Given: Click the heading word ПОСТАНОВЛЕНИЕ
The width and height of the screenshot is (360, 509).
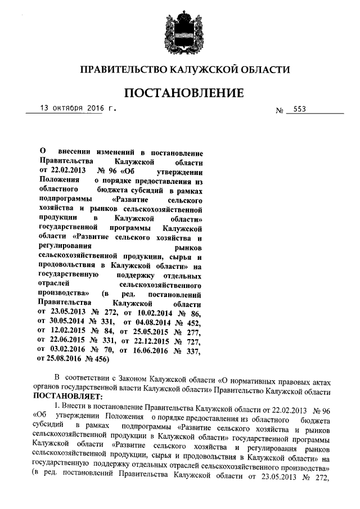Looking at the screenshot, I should pyautogui.click(x=183, y=92).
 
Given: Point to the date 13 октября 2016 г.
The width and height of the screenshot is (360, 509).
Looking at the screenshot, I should pyautogui.click(x=73, y=107).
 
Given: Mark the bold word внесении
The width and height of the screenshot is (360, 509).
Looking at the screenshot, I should pyautogui.click(x=75, y=151).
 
